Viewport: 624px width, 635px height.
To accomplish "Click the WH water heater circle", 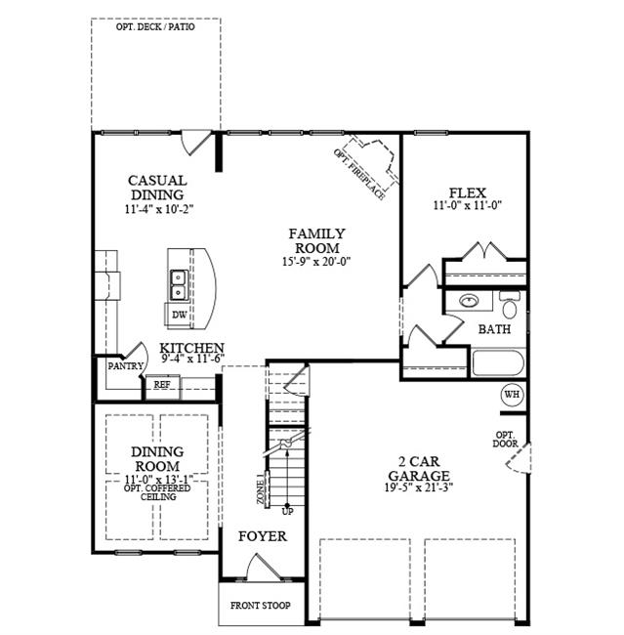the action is point(513,394).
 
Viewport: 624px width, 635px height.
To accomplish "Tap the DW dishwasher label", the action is point(180,315).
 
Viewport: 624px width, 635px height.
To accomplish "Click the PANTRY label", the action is point(126,366).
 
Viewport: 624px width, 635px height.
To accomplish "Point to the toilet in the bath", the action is point(510,304).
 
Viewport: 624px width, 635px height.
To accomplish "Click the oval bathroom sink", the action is point(470,301).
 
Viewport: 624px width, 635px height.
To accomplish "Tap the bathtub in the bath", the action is point(498,362).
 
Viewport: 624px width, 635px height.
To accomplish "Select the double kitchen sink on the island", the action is point(179,285).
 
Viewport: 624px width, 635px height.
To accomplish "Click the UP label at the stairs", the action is point(287,512).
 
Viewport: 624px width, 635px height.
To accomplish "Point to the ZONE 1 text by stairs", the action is point(261,488).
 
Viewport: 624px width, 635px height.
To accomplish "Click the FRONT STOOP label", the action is point(261,606).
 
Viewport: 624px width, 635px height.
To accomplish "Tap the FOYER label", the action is point(263,536).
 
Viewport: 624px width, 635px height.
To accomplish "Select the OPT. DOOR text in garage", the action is point(505,440).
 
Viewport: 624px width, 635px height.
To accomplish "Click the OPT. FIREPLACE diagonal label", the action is point(359,174).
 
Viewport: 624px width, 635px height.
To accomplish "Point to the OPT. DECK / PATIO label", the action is point(155,27).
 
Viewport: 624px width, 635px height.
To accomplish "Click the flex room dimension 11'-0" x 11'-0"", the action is point(468,205).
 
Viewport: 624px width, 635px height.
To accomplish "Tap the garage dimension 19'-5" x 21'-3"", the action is point(419,487).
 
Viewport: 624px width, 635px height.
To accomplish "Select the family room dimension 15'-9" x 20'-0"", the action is point(316,261).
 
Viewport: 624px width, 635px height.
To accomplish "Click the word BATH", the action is point(494,329).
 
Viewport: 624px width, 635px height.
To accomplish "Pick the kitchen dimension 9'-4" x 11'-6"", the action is point(193,359).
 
